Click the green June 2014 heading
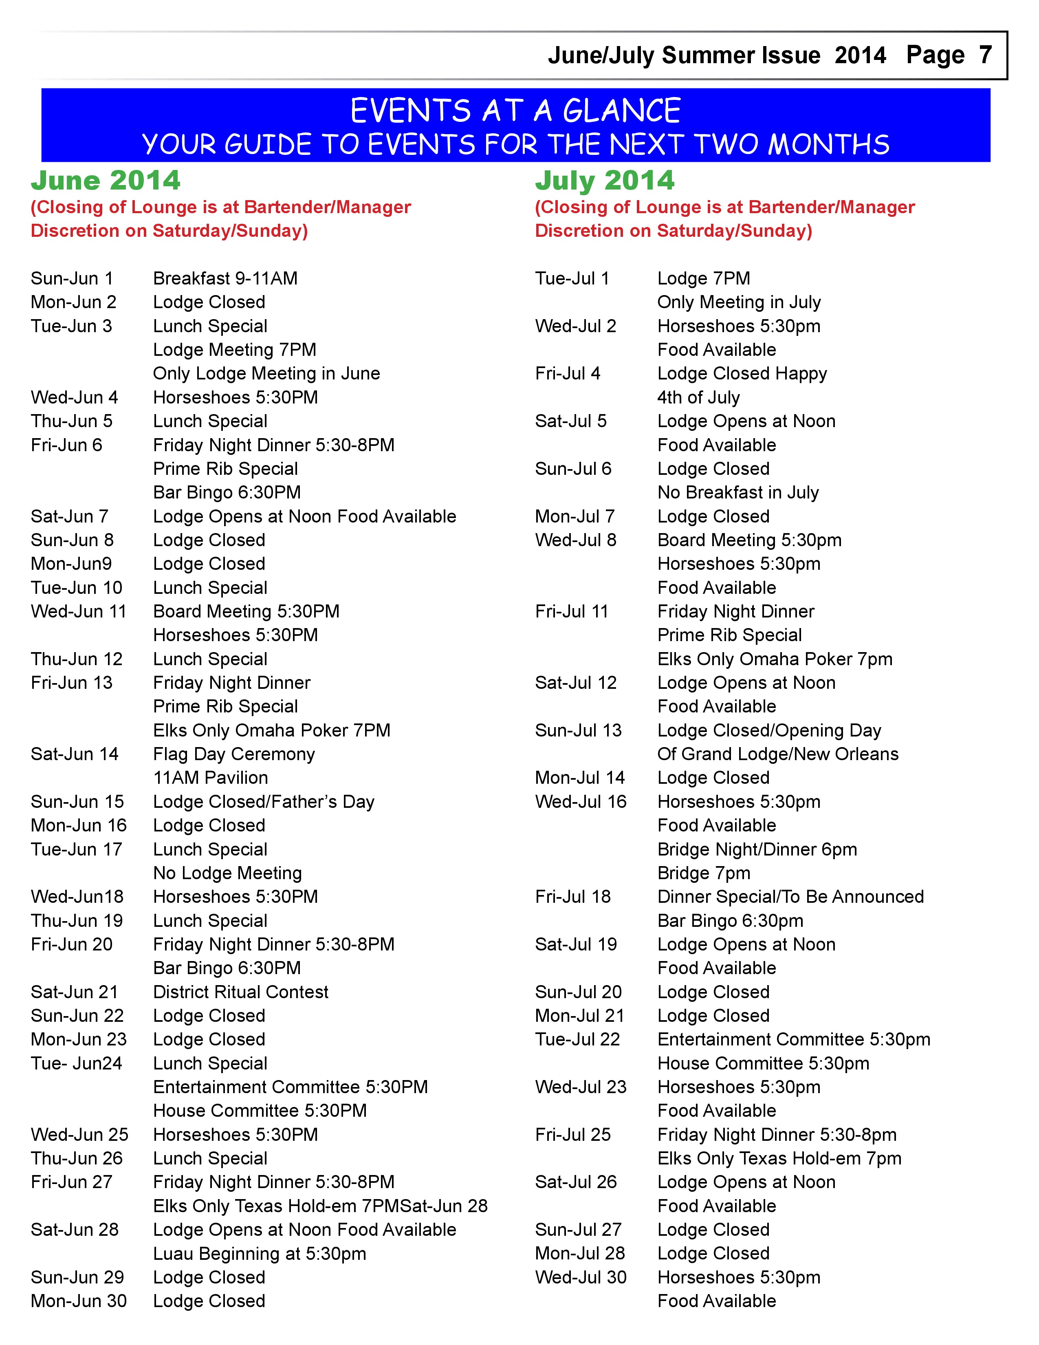click(105, 181)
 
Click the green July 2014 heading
click(604, 181)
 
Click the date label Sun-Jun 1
click(72, 278)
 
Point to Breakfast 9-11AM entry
click(225, 278)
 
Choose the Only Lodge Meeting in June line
click(266, 374)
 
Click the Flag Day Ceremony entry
click(234, 754)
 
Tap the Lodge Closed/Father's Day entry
click(264, 802)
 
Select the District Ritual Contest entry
click(241, 992)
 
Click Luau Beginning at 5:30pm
click(259, 1254)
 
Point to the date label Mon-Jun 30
click(79, 1301)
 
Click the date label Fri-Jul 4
click(568, 374)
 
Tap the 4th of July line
click(698, 398)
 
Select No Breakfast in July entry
click(738, 493)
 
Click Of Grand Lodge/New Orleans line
click(778, 754)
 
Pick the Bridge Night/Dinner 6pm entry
click(757, 850)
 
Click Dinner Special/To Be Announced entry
click(790, 897)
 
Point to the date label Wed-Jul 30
click(581, 1278)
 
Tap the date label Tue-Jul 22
click(577, 1040)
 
